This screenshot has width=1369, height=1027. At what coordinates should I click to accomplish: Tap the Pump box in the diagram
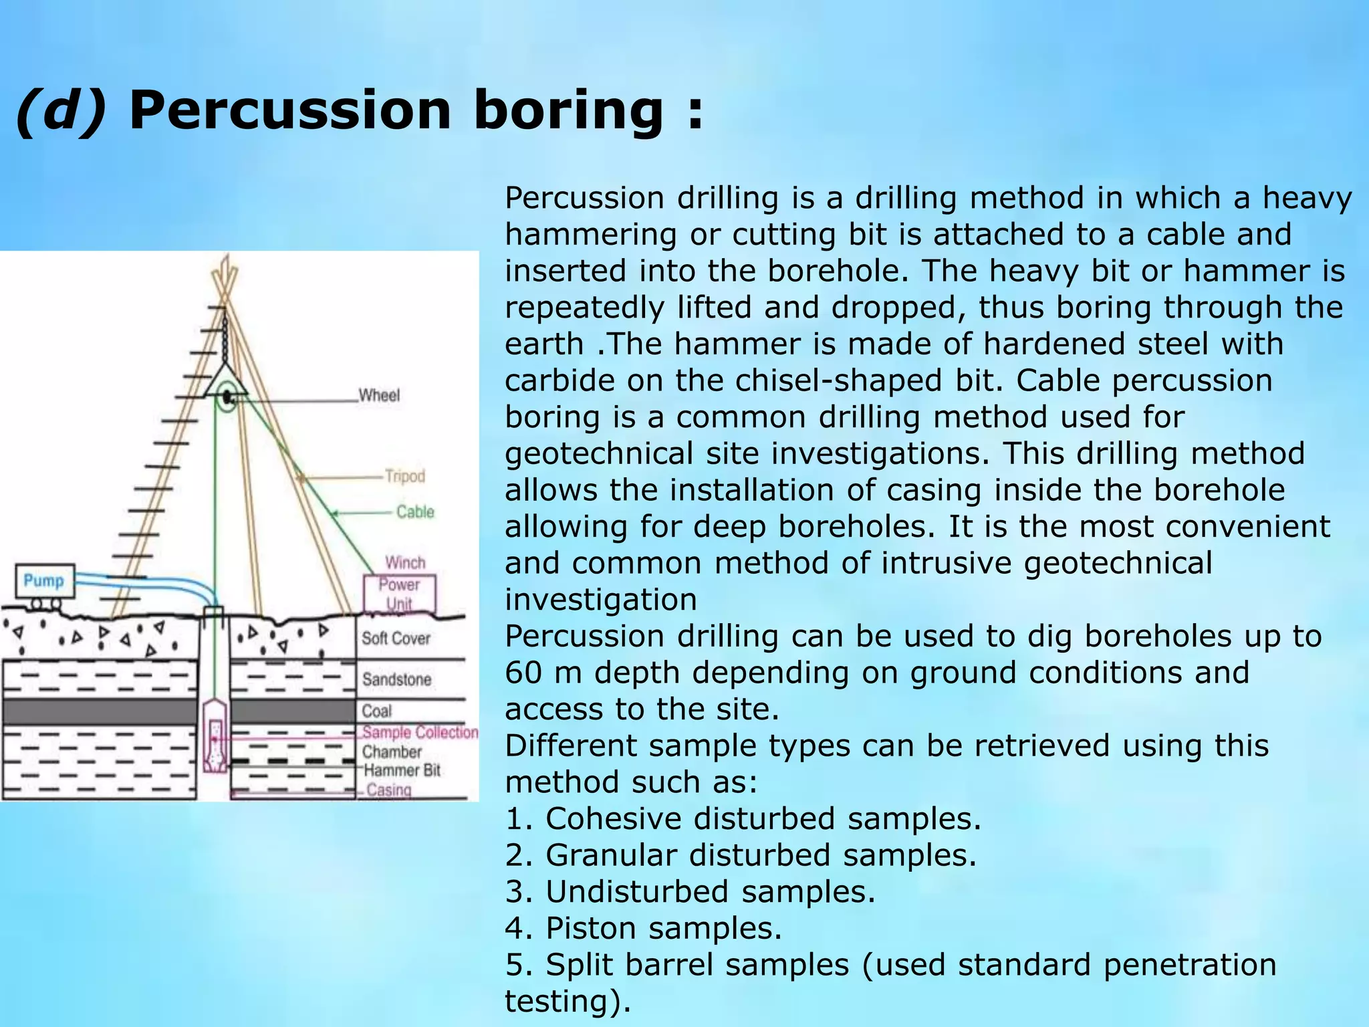pos(45,580)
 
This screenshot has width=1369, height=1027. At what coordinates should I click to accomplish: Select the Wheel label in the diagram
pos(379,395)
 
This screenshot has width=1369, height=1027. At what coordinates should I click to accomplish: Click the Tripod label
pos(405,476)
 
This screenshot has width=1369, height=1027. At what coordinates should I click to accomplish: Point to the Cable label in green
pos(415,511)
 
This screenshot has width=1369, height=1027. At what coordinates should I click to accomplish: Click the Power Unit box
pos(400,593)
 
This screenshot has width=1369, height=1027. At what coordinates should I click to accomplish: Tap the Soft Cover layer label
pos(396,639)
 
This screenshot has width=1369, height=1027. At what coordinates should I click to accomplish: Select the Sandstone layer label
pos(397,679)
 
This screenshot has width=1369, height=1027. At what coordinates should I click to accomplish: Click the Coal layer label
pos(377,711)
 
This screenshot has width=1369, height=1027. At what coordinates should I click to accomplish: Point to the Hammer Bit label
pos(402,770)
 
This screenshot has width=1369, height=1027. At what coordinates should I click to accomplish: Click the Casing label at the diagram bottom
pos(389,790)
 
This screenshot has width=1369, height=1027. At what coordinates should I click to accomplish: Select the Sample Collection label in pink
pos(420,732)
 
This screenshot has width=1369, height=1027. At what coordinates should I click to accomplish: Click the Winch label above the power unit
pos(405,562)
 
